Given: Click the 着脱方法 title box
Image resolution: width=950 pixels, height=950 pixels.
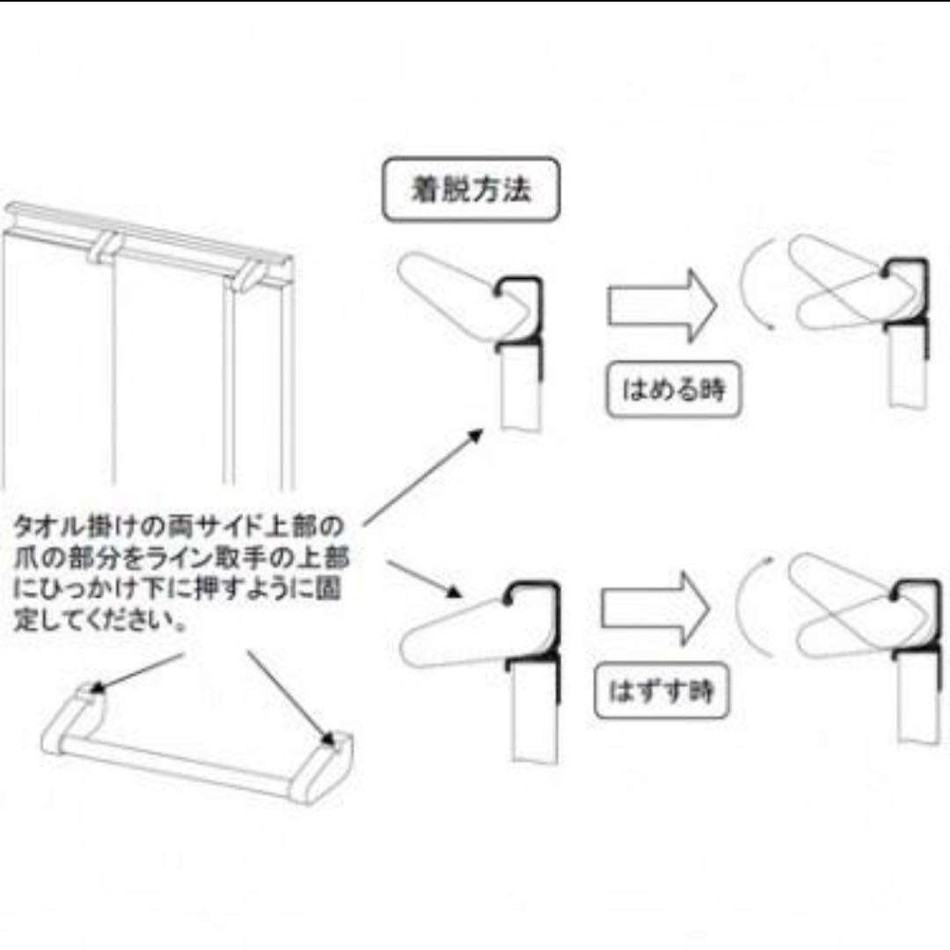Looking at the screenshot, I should [x=471, y=189].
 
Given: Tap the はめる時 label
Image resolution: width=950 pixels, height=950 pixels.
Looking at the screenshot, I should [x=674, y=388].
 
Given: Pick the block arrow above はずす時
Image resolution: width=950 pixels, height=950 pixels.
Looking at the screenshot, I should [x=655, y=610].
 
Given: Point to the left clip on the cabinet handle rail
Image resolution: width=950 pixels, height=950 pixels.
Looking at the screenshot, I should [x=104, y=247].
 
